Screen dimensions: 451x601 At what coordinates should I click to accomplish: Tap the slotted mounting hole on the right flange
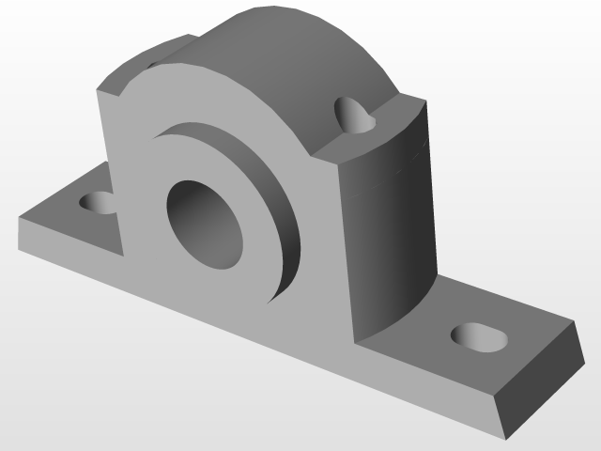[x=479, y=336]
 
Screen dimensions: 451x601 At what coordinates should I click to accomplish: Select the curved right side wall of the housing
[x=390, y=225]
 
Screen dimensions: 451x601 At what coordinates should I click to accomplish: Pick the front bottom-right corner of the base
[x=506, y=438]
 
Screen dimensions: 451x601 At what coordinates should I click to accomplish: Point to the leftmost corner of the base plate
[x=19, y=218]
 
